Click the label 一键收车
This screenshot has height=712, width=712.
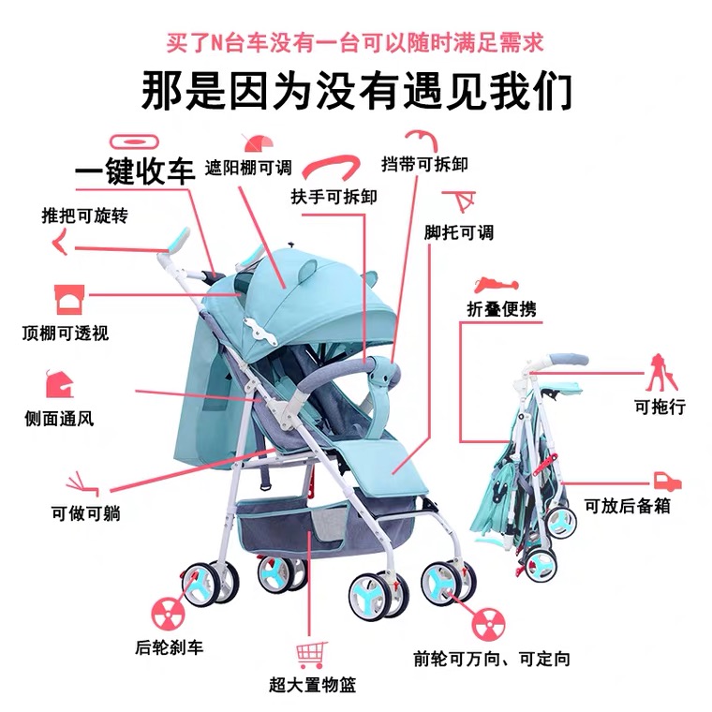tap(135, 171)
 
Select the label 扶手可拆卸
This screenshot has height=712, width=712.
tap(334, 196)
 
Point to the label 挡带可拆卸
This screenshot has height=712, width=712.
tap(424, 164)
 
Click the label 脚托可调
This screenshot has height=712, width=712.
tap(458, 231)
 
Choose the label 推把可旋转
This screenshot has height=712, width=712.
tap(84, 215)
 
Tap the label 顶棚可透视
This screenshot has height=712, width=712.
tap(66, 333)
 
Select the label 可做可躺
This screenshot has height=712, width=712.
tap(85, 512)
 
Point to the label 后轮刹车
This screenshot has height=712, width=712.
tap(170, 646)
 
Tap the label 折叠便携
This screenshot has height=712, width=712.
tap(501, 309)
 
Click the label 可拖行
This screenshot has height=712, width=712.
tap(660, 407)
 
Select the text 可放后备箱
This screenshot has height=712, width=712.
tap(628, 506)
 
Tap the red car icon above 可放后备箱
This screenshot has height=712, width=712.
tap(666, 480)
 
